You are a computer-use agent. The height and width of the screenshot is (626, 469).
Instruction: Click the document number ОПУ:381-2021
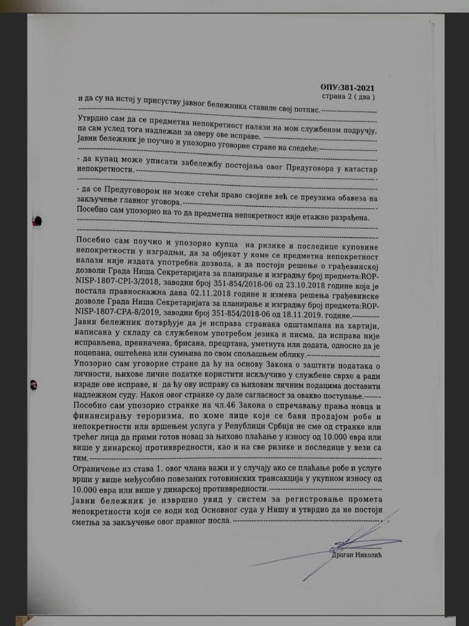348,88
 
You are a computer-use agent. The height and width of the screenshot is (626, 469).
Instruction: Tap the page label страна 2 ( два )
348,97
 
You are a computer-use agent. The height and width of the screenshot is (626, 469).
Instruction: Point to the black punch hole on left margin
38,220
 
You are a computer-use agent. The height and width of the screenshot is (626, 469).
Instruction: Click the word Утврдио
92,118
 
